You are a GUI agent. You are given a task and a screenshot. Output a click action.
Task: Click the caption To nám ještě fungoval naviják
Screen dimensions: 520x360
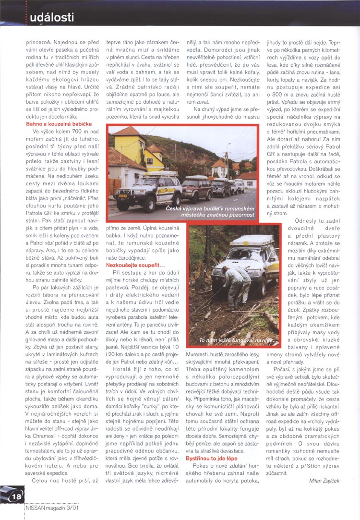tap(238, 340)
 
